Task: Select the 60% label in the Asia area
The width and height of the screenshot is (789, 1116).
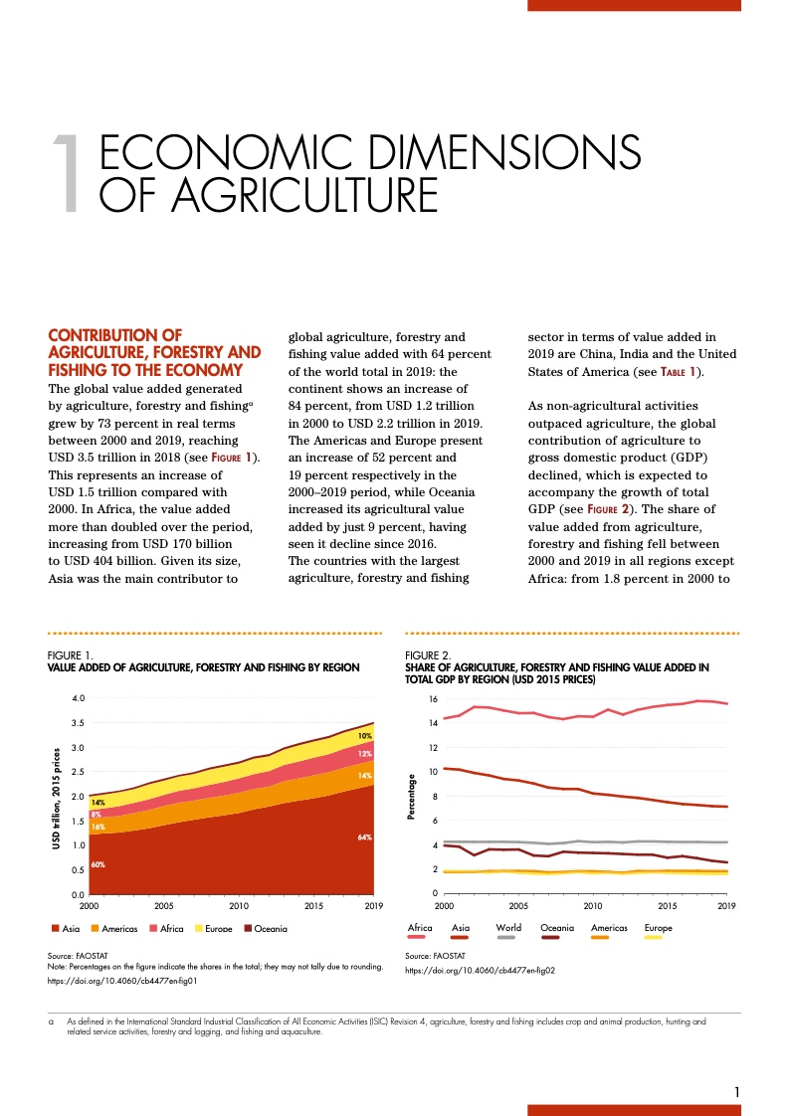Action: point(98,864)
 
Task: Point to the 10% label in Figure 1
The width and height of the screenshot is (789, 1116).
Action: point(365,736)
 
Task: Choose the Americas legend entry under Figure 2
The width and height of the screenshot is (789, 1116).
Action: point(609,928)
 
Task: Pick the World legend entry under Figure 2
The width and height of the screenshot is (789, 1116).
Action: point(507,928)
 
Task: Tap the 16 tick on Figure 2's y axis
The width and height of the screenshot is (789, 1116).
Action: point(433,699)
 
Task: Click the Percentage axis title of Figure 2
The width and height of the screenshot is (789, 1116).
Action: point(411,797)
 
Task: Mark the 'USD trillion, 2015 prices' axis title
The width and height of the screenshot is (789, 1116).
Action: point(56,797)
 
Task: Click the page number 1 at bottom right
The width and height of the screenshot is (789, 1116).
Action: point(736,1092)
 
